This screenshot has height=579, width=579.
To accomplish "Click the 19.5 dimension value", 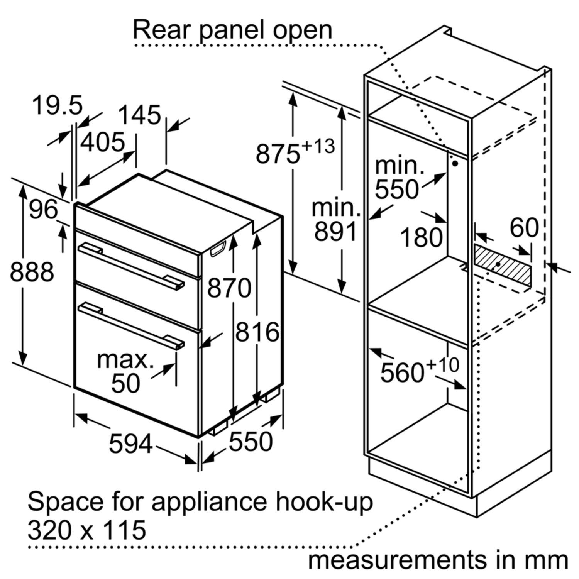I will point(57,105).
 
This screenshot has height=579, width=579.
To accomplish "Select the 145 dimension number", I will point(139,115).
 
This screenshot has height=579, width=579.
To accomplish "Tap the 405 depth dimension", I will point(103,142).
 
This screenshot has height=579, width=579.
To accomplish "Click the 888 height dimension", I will point(32,272).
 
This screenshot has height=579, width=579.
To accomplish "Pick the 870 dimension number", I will point(229,288).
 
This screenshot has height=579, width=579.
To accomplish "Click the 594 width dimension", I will point(131,444).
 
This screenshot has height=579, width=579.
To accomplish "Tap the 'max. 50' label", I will point(125,371).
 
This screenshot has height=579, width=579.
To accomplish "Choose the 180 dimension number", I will point(421,237).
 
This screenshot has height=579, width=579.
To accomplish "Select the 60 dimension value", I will point(524,228).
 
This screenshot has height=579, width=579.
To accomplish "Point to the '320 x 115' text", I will point(87,530).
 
